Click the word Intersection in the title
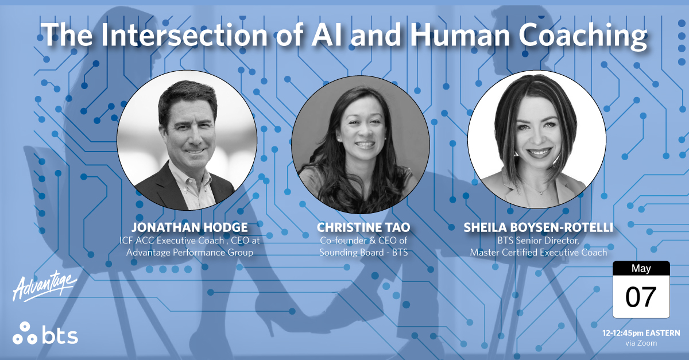[x=177, y=36]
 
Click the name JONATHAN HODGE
[x=182, y=228]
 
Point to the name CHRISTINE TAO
[x=363, y=228]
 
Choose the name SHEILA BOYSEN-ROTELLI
[x=538, y=228]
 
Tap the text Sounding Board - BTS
[x=363, y=252]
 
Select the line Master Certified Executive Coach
[x=538, y=252]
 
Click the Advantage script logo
[x=43, y=287]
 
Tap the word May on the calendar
[x=641, y=269]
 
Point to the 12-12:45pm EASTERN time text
[x=641, y=333]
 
